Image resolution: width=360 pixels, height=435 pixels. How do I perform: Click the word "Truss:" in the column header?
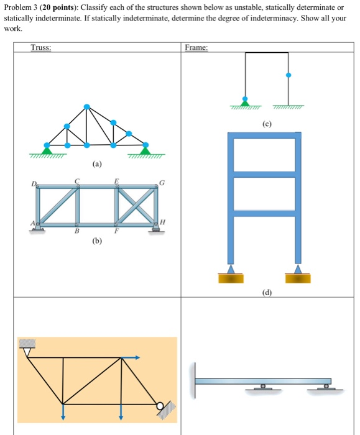click(x=42, y=48)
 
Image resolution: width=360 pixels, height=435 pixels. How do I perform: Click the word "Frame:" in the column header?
click(x=196, y=48)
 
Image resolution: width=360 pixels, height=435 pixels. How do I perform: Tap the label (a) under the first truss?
click(x=96, y=165)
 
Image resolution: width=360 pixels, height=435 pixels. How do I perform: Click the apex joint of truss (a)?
click(x=86, y=107)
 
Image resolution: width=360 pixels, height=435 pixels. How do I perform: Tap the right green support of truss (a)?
click(x=145, y=149)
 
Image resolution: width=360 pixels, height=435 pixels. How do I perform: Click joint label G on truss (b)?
click(x=162, y=182)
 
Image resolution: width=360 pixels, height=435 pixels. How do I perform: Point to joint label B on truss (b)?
click(x=77, y=232)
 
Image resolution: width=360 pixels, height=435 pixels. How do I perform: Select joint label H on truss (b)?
click(x=162, y=222)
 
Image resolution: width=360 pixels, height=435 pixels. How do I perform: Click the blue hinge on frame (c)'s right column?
click(x=288, y=76)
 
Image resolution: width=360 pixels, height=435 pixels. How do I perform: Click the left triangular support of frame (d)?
click(x=231, y=269)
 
